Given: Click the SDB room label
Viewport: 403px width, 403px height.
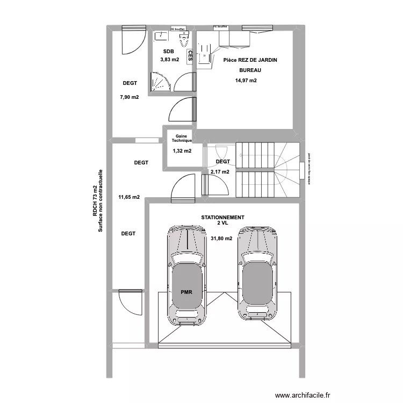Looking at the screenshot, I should [x=169, y=52].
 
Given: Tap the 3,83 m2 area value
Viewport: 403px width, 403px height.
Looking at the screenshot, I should [x=169, y=60].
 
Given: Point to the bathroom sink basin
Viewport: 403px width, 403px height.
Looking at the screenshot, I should [x=161, y=36].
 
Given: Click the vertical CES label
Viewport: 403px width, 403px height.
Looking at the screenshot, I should [x=190, y=55].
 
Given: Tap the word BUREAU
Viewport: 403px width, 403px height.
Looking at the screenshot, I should [x=250, y=70].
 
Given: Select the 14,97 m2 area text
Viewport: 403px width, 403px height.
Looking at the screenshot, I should [x=246, y=81].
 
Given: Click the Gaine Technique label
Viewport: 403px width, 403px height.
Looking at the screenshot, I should [x=182, y=139].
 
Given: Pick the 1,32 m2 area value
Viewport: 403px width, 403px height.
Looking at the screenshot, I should [x=182, y=151].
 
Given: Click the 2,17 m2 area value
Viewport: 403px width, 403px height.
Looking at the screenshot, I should [x=220, y=172].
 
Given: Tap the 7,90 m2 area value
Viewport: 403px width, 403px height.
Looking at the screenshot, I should [x=129, y=97].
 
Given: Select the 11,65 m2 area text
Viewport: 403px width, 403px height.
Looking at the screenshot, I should [x=129, y=197].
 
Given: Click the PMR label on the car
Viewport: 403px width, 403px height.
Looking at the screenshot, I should [x=186, y=292].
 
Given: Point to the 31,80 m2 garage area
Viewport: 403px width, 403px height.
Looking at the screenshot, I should [x=221, y=239].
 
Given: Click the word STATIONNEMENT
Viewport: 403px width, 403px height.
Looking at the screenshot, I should [x=222, y=218].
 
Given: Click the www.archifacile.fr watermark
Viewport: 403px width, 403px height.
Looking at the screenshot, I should [x=303, y=395].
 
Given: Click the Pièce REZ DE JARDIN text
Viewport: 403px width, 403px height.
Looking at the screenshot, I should [x=250, y=60].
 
